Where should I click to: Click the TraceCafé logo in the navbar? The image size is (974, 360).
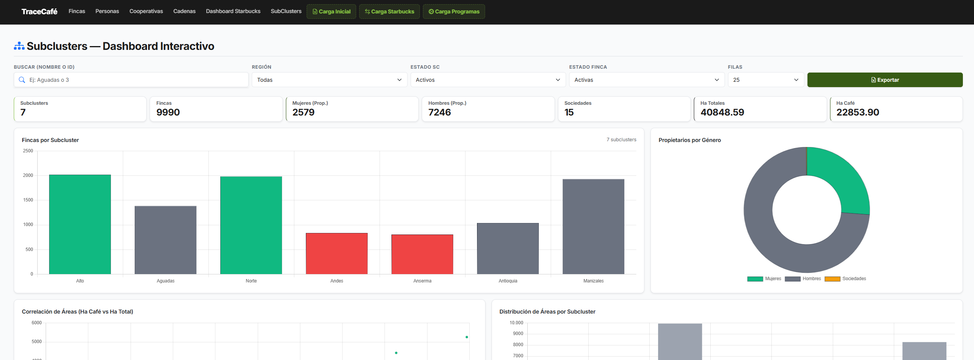(x=39, y=12)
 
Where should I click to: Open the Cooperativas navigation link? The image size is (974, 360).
(x=146, y=11)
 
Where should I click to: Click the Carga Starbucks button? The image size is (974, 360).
(x=389, y=12)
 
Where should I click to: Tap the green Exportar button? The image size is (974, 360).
(x=885, y=80)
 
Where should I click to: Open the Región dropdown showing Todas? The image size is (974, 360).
(x=329, y=80)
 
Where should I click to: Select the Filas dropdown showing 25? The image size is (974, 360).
(x=766, y=80)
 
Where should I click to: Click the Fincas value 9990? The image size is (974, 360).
(x=168, y=112)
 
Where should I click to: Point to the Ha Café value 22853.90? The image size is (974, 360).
(x=858, y=112)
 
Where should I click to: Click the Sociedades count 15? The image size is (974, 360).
(x=569, y=112)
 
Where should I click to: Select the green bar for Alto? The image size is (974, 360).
(x=80, y=225)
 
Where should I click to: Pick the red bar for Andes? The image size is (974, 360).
(x=337, y=254)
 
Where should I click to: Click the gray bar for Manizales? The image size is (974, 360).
(x=593, y=226)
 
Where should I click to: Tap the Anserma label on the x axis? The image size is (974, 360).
(x=422, y=281)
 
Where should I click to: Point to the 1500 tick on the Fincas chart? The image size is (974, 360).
(x=28, y=200)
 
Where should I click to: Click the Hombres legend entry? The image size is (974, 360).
(x=803, y=279)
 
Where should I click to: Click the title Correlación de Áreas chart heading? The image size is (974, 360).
(x=78, y=312)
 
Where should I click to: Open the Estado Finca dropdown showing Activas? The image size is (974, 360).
(x=647, y=80)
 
